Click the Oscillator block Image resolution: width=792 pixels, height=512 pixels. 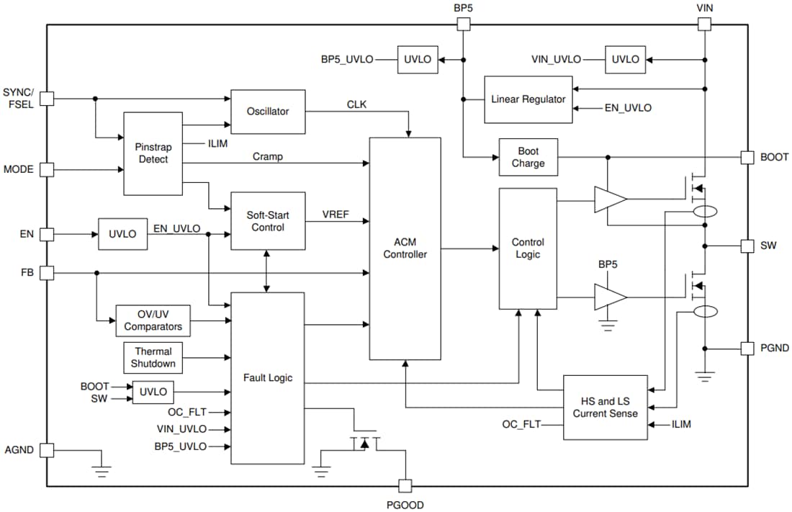tap(268, 112)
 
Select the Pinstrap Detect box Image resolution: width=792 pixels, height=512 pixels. tap(153, 153)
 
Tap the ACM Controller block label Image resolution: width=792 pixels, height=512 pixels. tap(405, 248)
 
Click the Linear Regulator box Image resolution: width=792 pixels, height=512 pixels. tap(528, 99)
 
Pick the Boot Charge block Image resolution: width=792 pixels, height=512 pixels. tap(528, 157)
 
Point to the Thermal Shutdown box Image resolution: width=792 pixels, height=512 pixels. tap(153, 358)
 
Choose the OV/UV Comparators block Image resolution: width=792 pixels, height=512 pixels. tap(153, 320)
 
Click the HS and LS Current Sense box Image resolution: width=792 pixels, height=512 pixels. tap(605, 408)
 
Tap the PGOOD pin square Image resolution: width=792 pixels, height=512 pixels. tap(405, 486)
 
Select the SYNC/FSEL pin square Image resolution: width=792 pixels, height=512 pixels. tap(47, 99)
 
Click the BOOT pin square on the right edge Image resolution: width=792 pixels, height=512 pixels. tap(747, 157)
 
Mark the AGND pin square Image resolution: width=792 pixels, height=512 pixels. tap(47, 450)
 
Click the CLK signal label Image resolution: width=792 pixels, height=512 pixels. tap(356, 104)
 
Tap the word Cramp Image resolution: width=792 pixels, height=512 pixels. tap(268, 156)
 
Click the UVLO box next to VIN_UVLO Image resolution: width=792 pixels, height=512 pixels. tap(625, 59)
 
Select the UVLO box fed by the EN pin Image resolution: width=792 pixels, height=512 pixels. tap(122, 234)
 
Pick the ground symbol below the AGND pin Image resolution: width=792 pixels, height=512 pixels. tap(102, 471)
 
